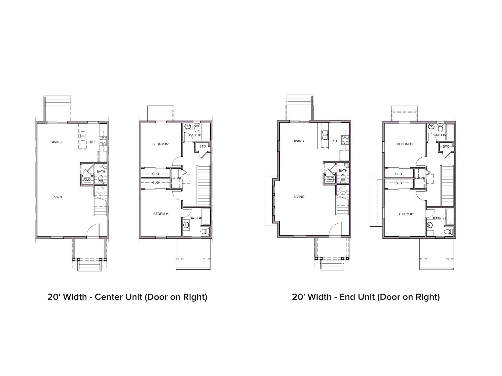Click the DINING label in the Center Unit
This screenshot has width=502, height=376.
coord(56,142)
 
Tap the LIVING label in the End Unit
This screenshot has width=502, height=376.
coord(299,197)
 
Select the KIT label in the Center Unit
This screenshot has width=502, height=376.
coord(93,142)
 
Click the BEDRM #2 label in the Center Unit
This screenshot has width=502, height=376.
coord(160,144)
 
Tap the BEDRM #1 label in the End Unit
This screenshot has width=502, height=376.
coord(406,214)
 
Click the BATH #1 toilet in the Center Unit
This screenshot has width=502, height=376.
coord(205,231)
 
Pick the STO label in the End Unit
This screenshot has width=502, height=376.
coord(446,147)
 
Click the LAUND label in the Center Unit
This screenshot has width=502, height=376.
coord(177,178)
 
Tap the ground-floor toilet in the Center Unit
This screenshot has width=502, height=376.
coord(101,179)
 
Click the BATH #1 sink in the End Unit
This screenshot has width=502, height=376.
coord(430,225)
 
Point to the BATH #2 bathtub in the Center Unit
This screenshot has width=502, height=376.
coord(206,132)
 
